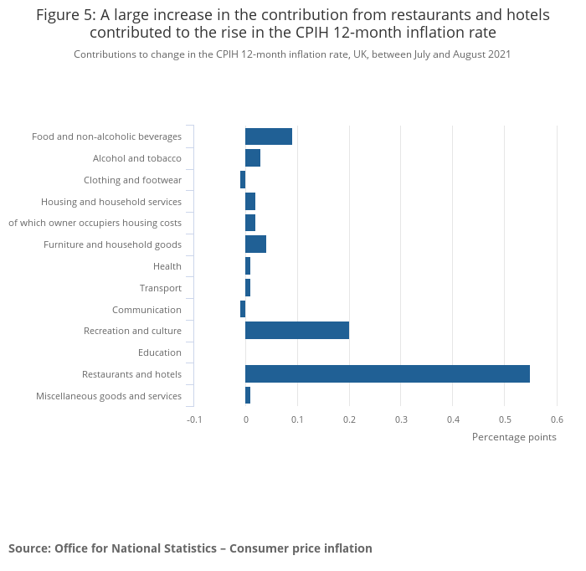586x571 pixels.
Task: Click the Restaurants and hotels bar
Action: click(x=387, y=374)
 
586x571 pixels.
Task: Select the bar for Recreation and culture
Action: click(x=297, y=331)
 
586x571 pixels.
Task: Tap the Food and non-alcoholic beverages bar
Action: click(x=269, y=136)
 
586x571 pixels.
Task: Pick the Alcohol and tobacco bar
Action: click(x=253, y=158)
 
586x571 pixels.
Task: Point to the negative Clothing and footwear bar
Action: click(x=243, y=180)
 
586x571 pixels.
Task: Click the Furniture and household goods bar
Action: click(x=255, y=244)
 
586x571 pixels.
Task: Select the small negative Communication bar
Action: click(x=243, y=310)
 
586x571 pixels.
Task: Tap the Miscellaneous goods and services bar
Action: click(x=248, y=396)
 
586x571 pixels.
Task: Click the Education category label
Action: click(x=159, y=352)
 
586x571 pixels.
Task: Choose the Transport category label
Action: click(x=160, y=288)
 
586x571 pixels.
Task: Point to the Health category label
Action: click(x=167, y=266)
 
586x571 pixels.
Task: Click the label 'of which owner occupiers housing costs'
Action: click(x=95, y=223)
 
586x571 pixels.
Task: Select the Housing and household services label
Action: click(x=111, y=202)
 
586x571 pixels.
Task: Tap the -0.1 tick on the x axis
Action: click(x=194, y=419)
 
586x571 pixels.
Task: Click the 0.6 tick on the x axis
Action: click(x=557, y=419)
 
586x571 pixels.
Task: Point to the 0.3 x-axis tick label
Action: click(x=401, y=419)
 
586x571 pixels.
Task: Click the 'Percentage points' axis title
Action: click(x=513, y=437)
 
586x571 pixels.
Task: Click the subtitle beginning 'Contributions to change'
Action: click(x=292, y=54)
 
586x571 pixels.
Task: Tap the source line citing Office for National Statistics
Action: click(x=190, y=548)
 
